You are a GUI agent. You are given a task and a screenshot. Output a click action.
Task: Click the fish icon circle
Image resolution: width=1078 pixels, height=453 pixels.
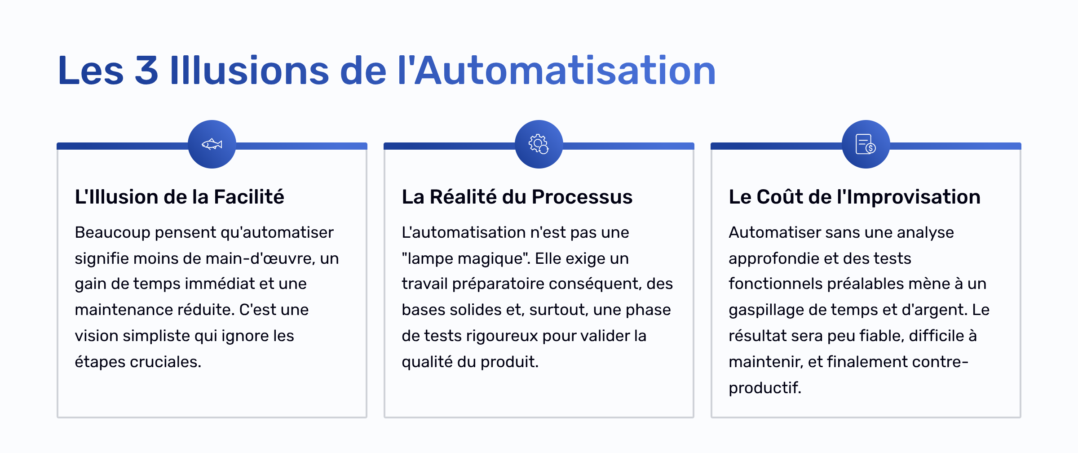pos(212,144)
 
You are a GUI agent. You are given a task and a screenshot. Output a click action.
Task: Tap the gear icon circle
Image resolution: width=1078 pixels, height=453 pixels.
pos(539,144)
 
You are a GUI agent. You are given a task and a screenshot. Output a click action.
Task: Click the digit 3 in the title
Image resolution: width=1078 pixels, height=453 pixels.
pos(146,70)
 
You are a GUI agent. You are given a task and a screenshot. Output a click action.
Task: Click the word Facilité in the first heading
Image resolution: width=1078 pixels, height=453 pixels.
pos(249,197)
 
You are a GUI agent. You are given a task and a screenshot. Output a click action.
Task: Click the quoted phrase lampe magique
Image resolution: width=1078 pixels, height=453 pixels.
pos(466,259)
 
